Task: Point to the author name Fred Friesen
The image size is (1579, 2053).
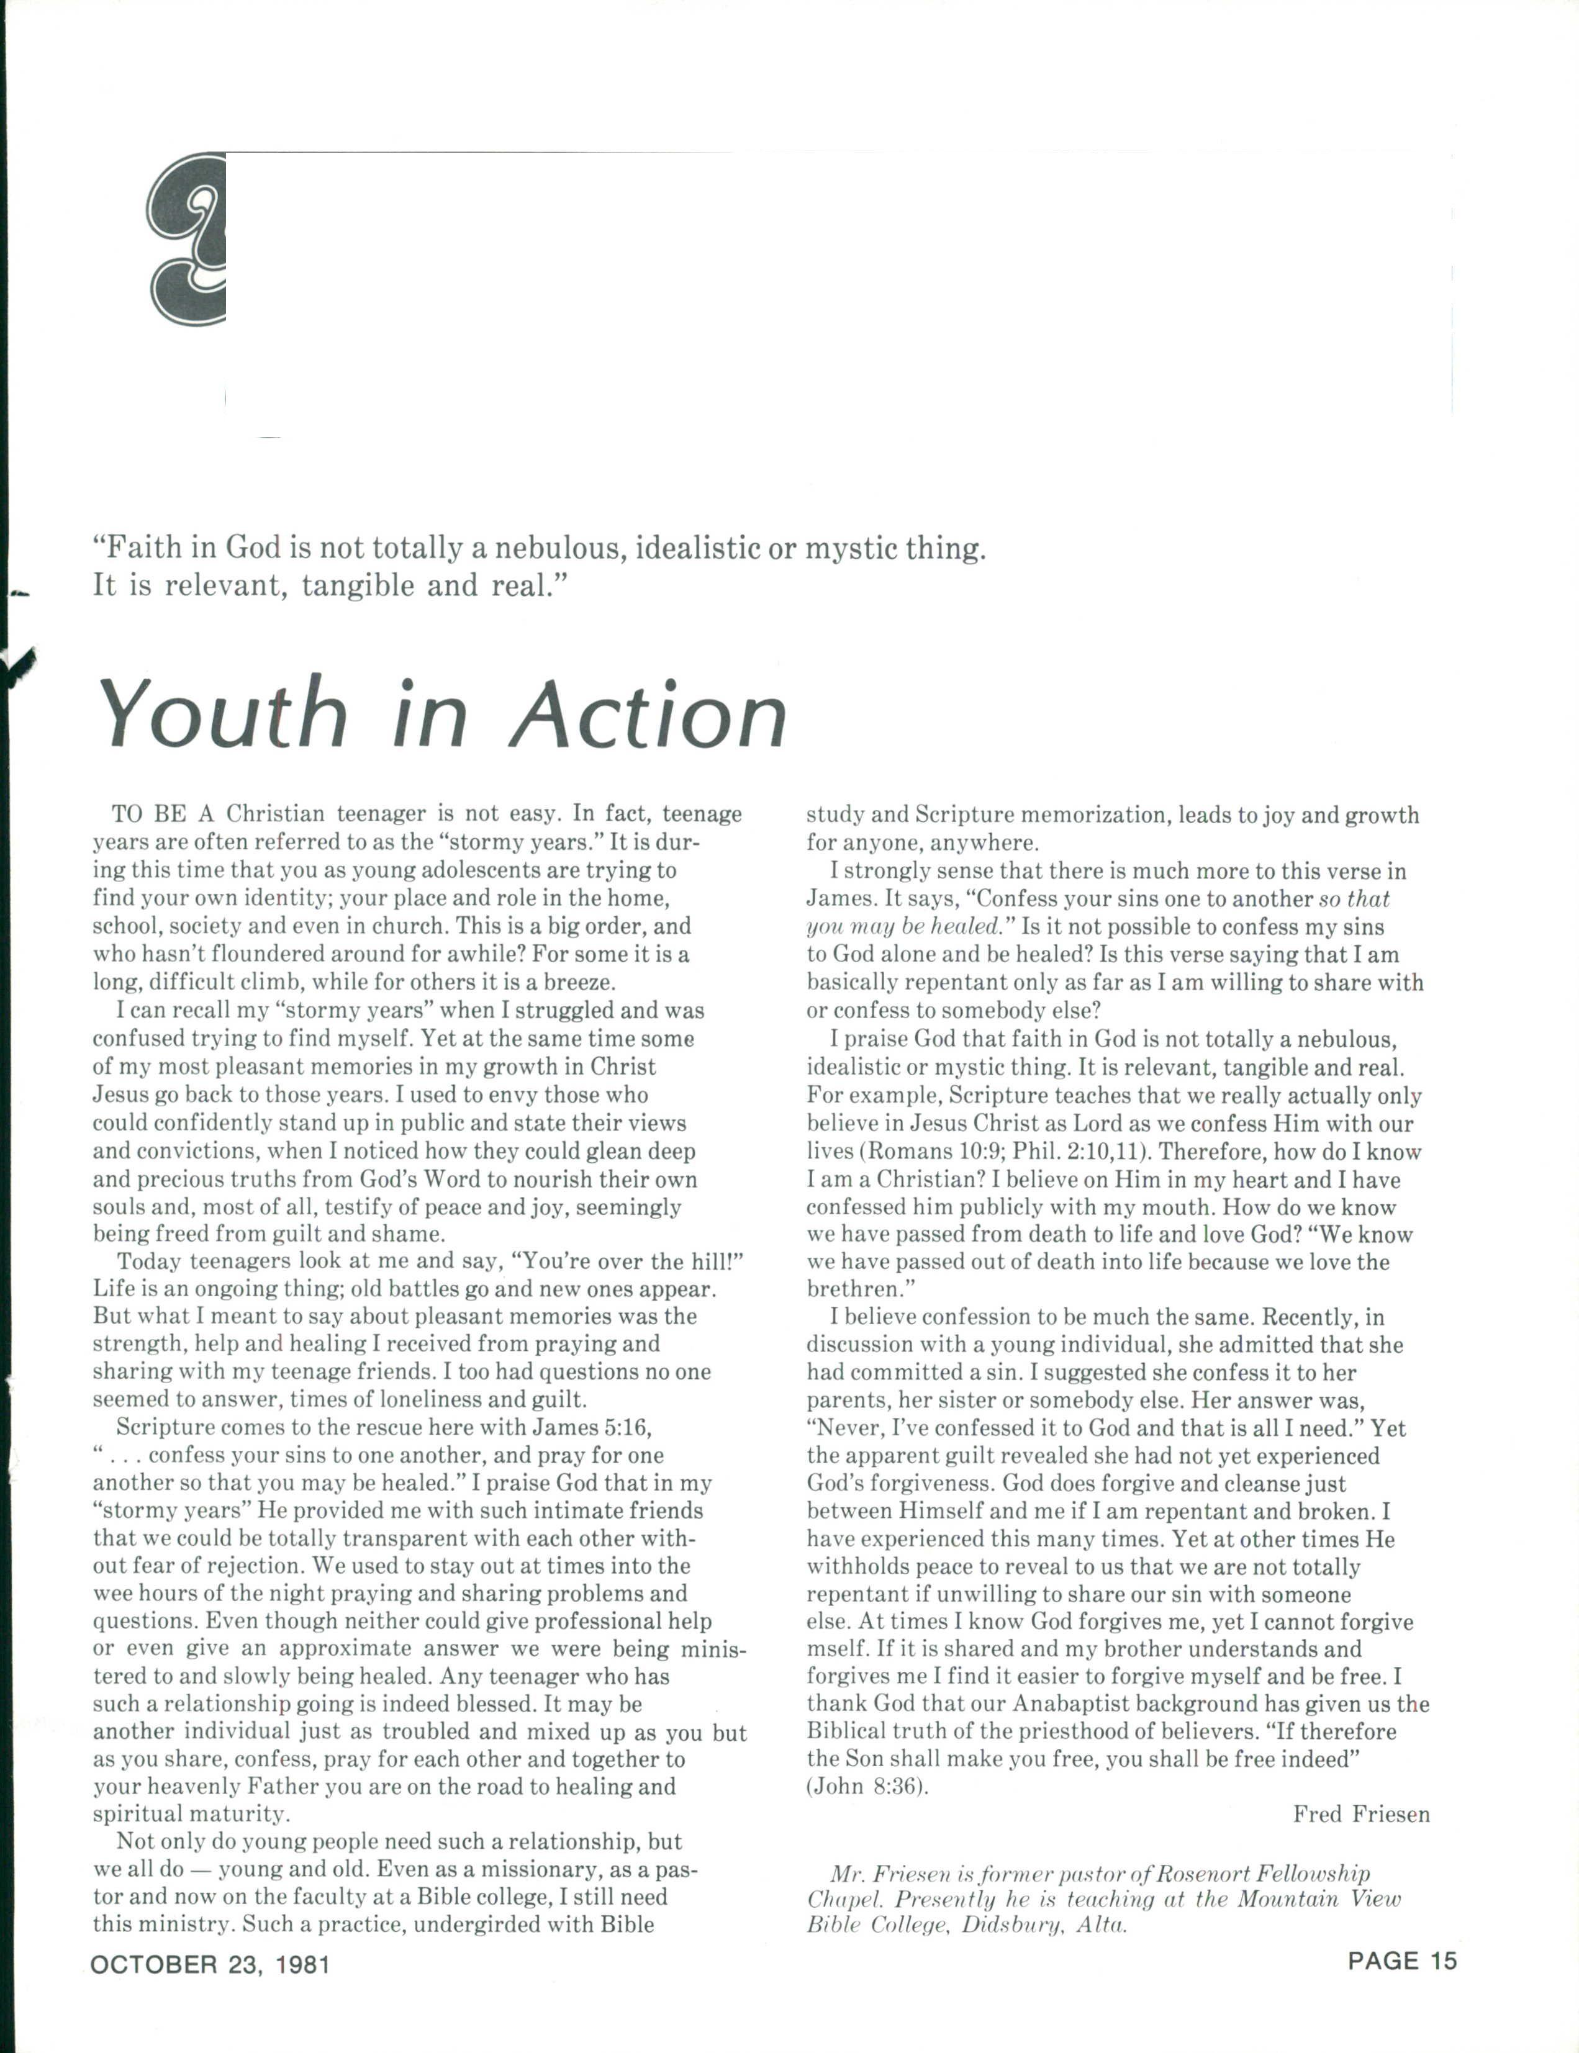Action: click(x=1361, y=1813)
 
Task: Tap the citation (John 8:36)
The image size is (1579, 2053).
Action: click(x=867, y=1786)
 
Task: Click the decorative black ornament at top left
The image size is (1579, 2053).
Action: click(x=186, y=240)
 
